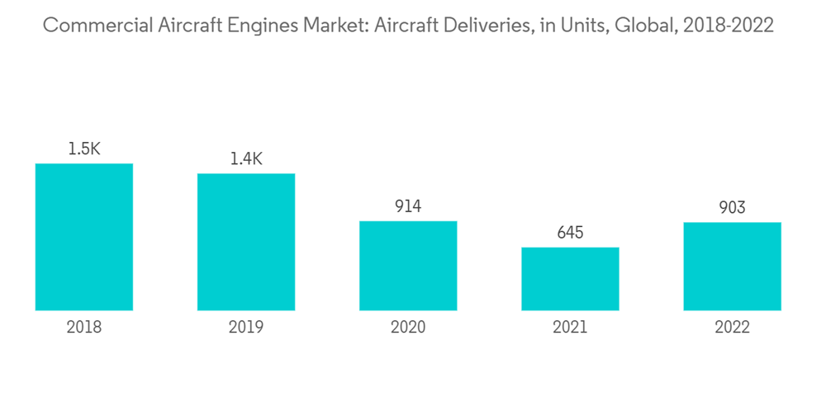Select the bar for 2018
(84, 237)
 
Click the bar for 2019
(246, 242)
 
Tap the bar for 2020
(408, 266)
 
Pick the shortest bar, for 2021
(570, 279)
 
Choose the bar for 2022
(732, 266)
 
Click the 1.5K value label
(84, 149)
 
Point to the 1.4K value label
(246, 159)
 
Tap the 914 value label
(408, 206)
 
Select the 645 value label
(570, 233)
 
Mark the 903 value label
(732, 207)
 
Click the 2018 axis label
(84, 328)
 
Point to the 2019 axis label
(246, 328)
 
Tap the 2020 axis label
(408, 328)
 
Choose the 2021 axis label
(570, 328)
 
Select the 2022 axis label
(732, 328)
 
